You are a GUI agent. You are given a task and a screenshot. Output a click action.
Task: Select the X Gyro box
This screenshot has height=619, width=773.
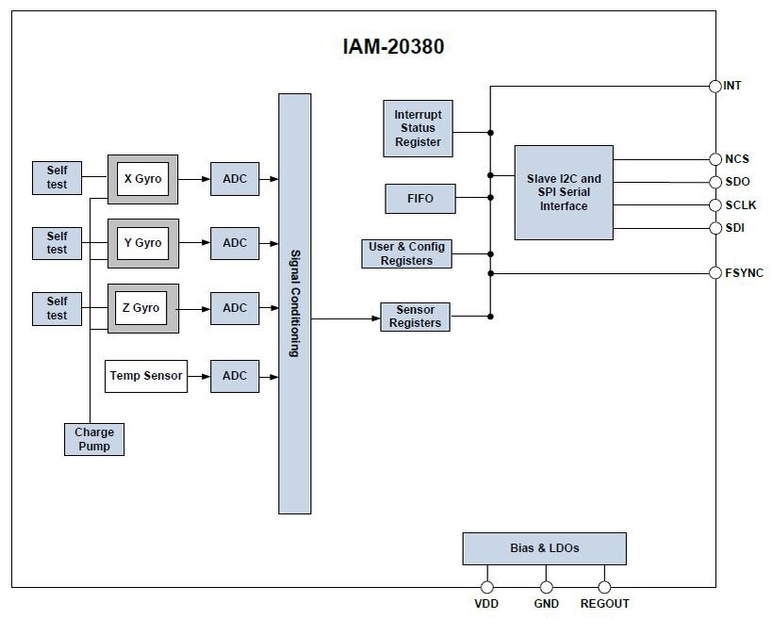click(142, 178)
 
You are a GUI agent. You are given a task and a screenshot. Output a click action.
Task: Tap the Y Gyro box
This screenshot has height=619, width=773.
click(142, 243)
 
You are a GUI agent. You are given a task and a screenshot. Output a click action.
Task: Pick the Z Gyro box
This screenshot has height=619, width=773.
click(142, 308)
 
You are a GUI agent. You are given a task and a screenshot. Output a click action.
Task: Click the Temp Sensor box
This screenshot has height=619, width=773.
click(146, 376)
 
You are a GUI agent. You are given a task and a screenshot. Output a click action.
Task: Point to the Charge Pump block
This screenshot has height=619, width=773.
click(93, 439)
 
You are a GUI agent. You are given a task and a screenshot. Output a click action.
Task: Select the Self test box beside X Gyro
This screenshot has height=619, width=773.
click(58, 177)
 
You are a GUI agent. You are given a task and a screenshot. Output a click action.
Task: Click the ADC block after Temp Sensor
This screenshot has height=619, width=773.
click(235, 376)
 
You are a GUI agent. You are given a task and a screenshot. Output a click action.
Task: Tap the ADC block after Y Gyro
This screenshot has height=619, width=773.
click(235, 243)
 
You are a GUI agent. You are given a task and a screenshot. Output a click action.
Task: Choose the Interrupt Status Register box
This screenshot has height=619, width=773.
click(418, 128)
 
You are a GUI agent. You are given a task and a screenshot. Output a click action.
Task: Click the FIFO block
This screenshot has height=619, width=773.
click(420, 199)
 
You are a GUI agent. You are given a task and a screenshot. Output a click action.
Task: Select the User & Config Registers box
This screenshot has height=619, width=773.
click(407, 253)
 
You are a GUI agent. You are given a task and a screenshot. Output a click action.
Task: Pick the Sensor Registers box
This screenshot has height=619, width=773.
click(416, 317)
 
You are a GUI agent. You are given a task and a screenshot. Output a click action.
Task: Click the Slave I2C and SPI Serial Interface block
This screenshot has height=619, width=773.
click(564, 192)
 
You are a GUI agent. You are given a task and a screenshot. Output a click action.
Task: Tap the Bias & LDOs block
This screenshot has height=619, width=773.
click(544, 548)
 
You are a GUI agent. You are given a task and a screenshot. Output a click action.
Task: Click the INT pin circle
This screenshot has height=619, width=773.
click(715, 87)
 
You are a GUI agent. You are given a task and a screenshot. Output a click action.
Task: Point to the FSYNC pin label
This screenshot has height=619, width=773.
click(744, 273)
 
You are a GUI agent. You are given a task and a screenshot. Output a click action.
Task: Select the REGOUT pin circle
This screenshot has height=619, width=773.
click(604, 586)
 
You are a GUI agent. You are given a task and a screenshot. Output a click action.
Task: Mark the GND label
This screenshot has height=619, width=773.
click(546, 604)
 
